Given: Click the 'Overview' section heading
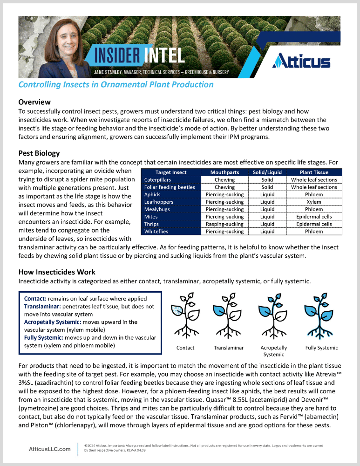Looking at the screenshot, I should tap(34, 102).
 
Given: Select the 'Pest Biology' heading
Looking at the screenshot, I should tap(39, 153).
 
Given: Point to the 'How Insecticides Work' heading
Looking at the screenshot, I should tap(57, 272).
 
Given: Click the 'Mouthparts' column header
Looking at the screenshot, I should tap(224, 172).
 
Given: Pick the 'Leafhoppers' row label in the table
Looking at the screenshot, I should tap(158, 202).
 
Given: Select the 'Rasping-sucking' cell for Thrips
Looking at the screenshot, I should tap(224, 224).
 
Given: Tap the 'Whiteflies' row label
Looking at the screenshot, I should tap(156, 232).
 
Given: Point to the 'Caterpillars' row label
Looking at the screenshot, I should tap(157, 180).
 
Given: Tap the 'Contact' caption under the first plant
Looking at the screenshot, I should tap(185, 348).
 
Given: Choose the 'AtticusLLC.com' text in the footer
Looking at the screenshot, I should tap(50, 449).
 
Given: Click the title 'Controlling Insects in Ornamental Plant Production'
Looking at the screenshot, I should tap(116, 84).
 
